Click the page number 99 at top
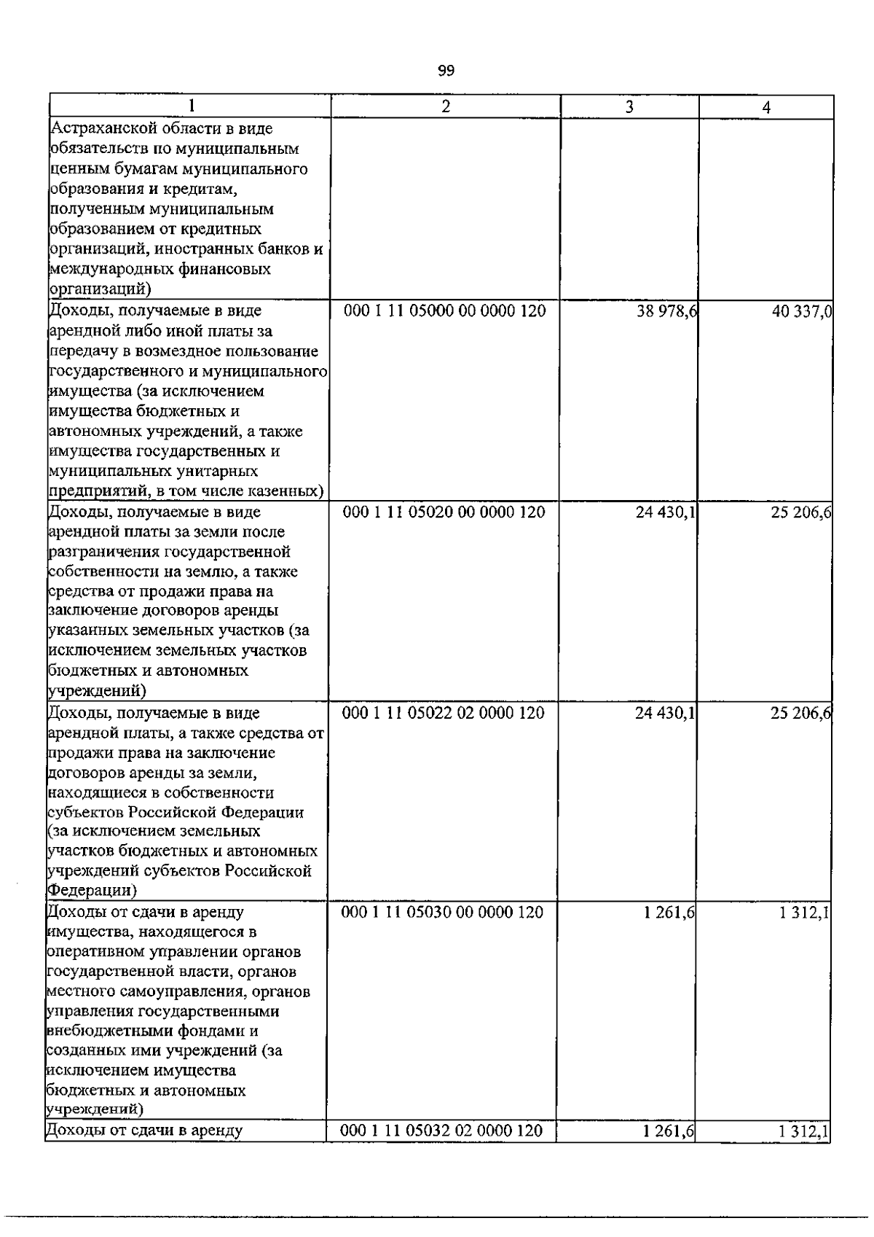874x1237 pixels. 446,71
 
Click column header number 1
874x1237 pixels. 191,106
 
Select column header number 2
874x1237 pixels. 446,106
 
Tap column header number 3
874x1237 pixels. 629,106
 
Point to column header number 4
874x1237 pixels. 766,107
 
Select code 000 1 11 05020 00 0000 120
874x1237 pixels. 444,512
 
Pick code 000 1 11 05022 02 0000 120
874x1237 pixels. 444,713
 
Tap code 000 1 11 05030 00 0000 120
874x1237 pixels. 443,913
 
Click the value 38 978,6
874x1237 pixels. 666,312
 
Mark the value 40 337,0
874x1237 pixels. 802,313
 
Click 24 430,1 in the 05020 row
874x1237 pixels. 665,513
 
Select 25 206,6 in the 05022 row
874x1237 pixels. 800,714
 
